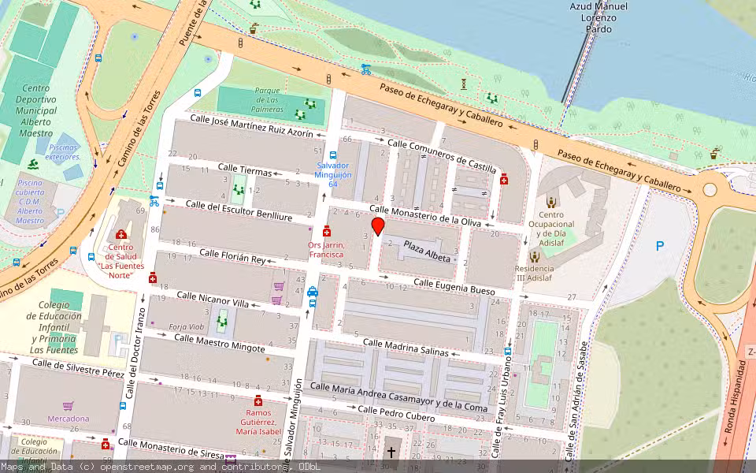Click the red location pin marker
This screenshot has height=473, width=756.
click(378, 227)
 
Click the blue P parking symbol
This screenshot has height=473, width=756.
click(660, 246)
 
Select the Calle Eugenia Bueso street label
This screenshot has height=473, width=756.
click(454, 287)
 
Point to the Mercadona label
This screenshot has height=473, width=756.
click(69, 419)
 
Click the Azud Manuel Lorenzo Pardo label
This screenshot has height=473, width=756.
click(598, 17)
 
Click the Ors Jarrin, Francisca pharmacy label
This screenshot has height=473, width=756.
click(326, 249)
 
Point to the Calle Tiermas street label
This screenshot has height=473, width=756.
click(244, 170)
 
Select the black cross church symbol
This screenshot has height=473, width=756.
click(391, 453)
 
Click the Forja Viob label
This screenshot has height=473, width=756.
click(187, 326)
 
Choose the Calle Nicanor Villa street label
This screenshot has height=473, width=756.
click(212, 299)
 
